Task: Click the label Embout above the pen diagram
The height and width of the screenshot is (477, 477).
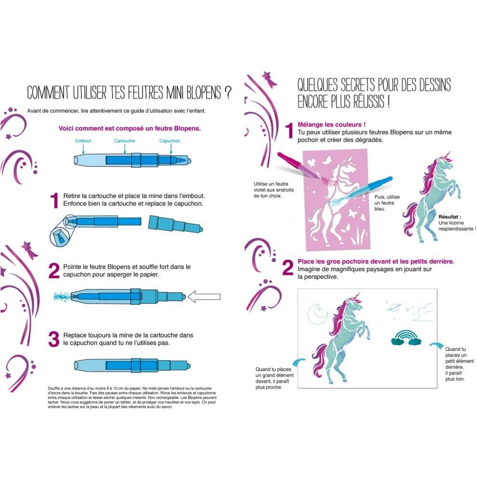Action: tap(83, 141)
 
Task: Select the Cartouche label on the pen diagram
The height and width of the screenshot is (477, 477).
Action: tap(125, 141)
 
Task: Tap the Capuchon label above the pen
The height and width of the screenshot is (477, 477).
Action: tap(170, 141)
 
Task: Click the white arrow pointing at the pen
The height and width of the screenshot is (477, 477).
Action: tap(203, 297)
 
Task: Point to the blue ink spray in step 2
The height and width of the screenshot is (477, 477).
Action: tap(62, 296)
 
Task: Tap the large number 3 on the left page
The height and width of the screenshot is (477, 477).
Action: tap(54, 339)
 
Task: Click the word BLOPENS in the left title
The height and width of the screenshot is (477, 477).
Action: tap(203, 92)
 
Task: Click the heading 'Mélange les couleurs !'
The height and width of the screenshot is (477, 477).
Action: tap(332, 125)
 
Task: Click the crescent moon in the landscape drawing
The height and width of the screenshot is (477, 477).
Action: tap(317, 314)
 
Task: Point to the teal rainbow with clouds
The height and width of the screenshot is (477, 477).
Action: tap(406, 338)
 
